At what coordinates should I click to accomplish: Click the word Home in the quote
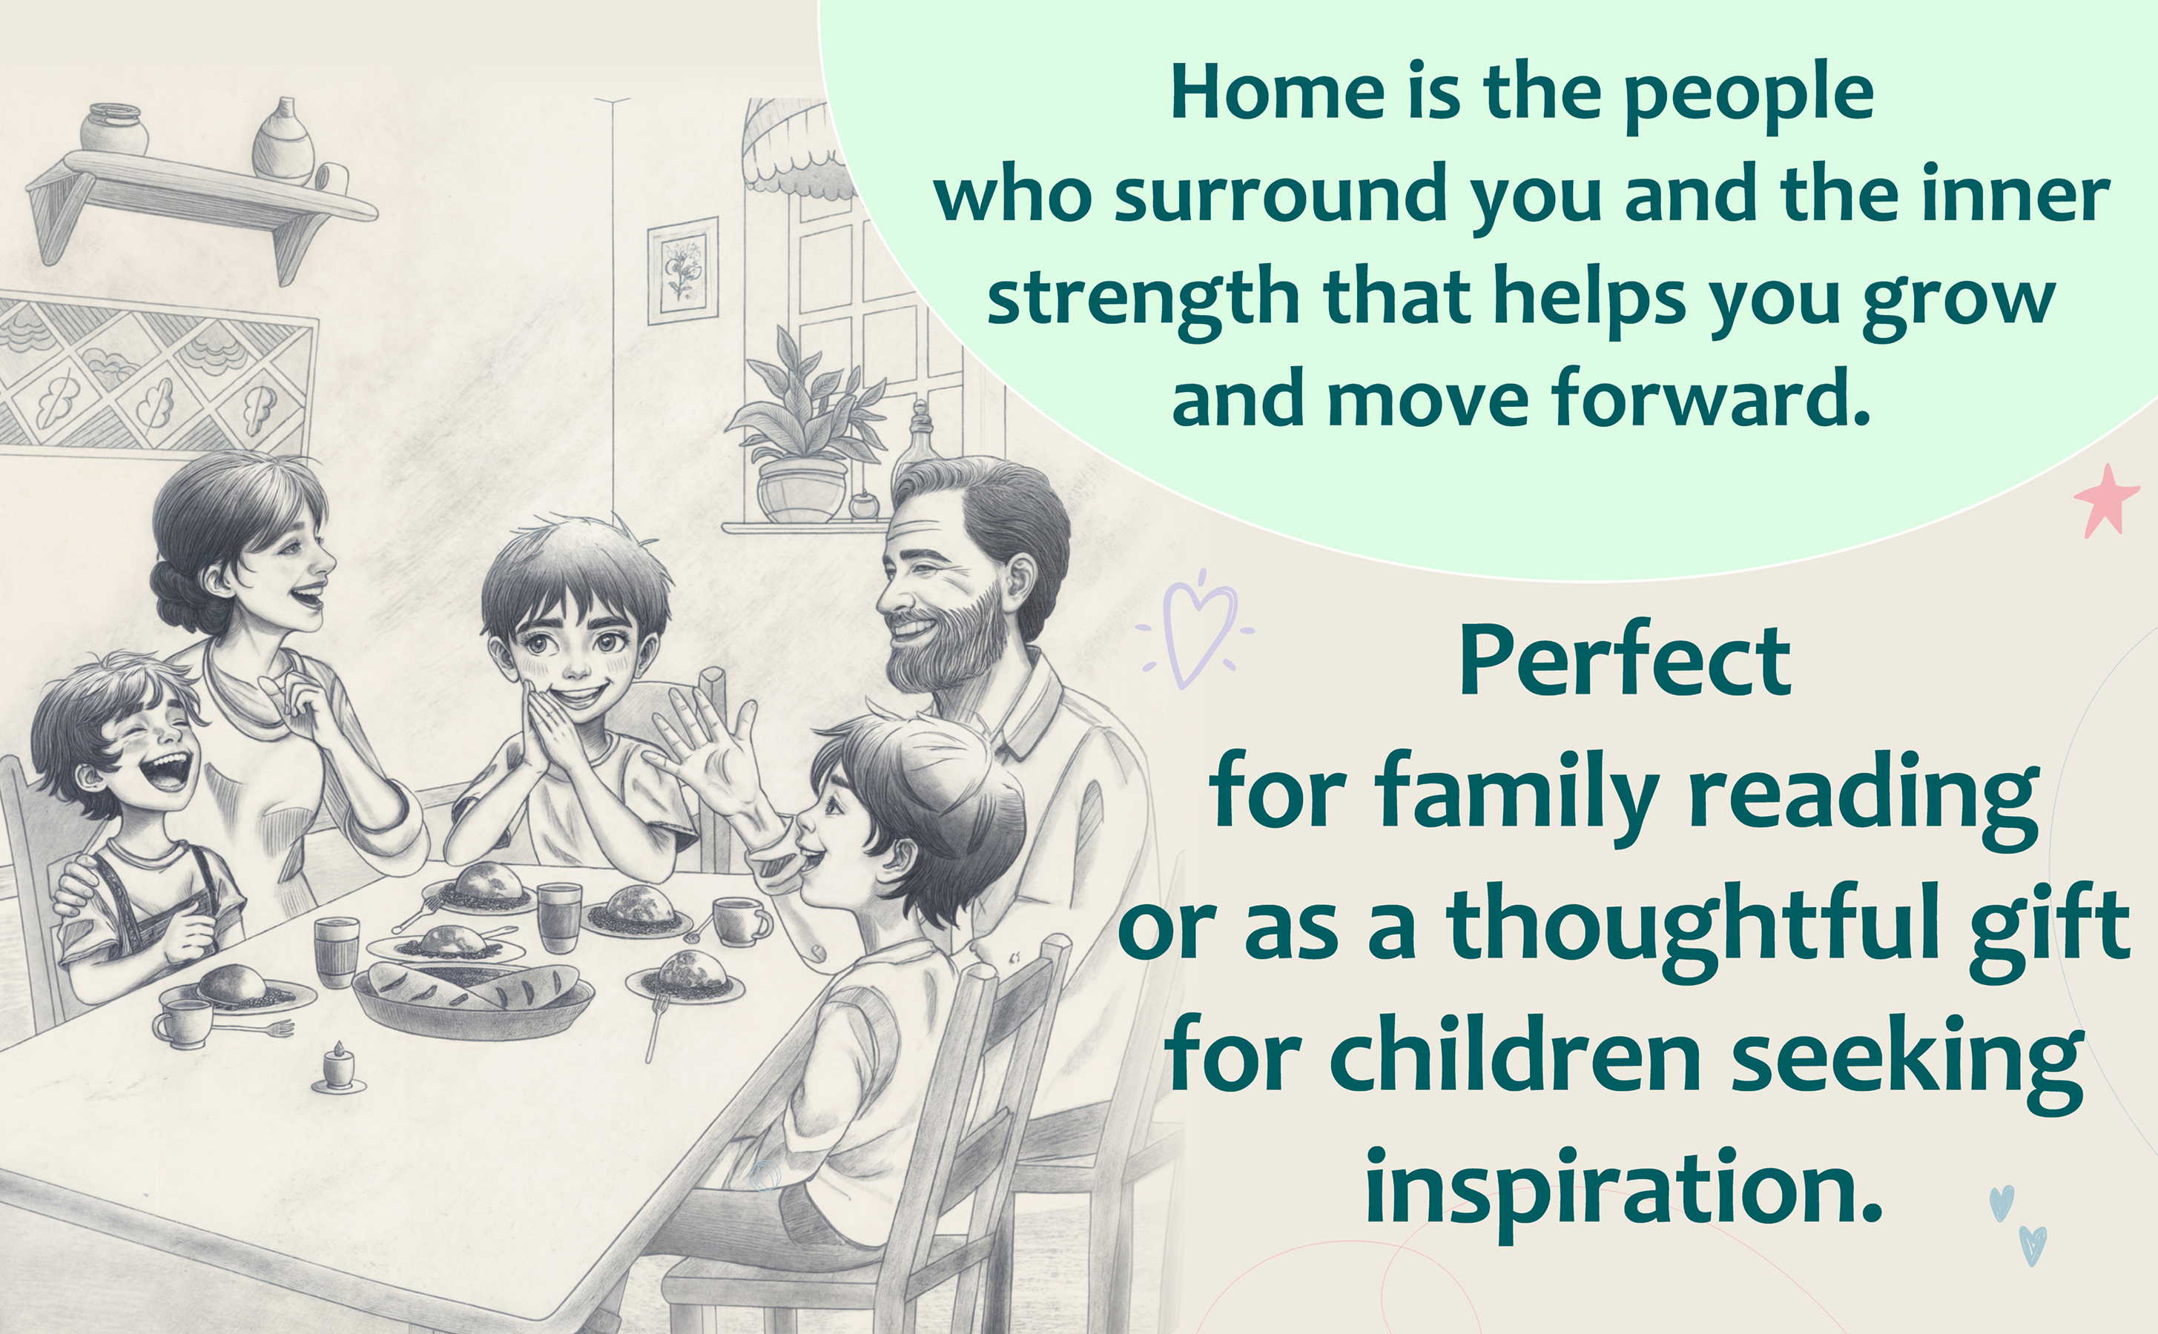(x=1277, y=92)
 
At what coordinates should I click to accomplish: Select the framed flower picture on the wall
(x=682, y=271)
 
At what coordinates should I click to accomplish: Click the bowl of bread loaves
(x=473, y=996)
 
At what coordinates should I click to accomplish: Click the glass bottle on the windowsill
(x=918, y=437)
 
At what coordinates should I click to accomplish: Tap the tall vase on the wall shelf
(x=283, y=141)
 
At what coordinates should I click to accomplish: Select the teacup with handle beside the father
(x=739, y=921)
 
